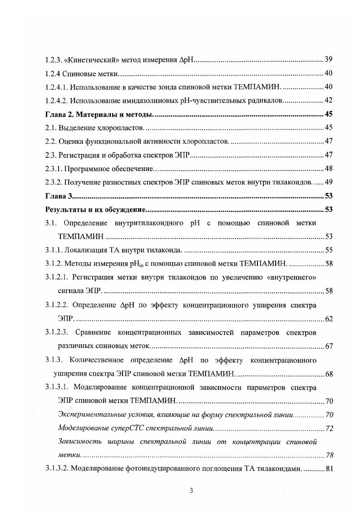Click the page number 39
(x=329, y=60)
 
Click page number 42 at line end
(x=329, y=100)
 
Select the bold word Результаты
(x=64, y=210)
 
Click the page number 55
(x=329, y=250)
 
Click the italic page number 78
(x=329, y=455)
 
